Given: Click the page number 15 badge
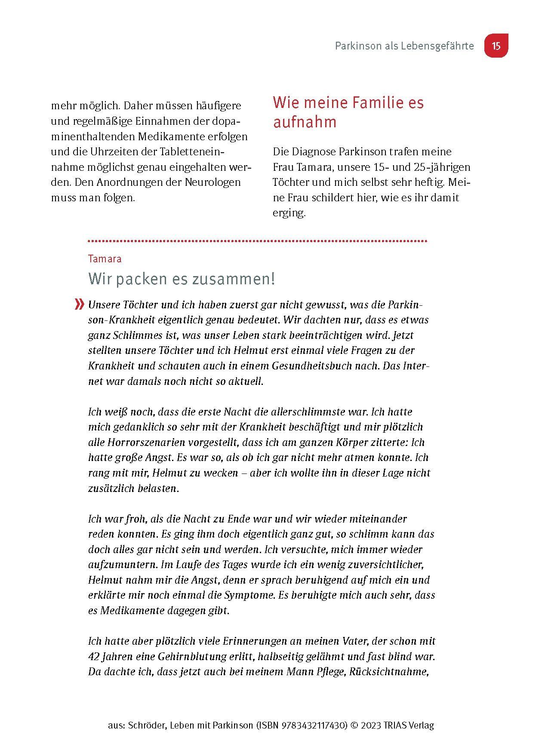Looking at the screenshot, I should click(496, 46).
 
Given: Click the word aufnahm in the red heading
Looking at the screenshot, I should click(305, 122).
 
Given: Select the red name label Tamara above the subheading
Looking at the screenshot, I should click(105, 259).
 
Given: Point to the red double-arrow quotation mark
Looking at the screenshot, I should click(79, 304).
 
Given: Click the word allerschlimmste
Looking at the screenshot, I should click(308, 412).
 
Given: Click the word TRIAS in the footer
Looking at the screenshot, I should click(396, 725).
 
